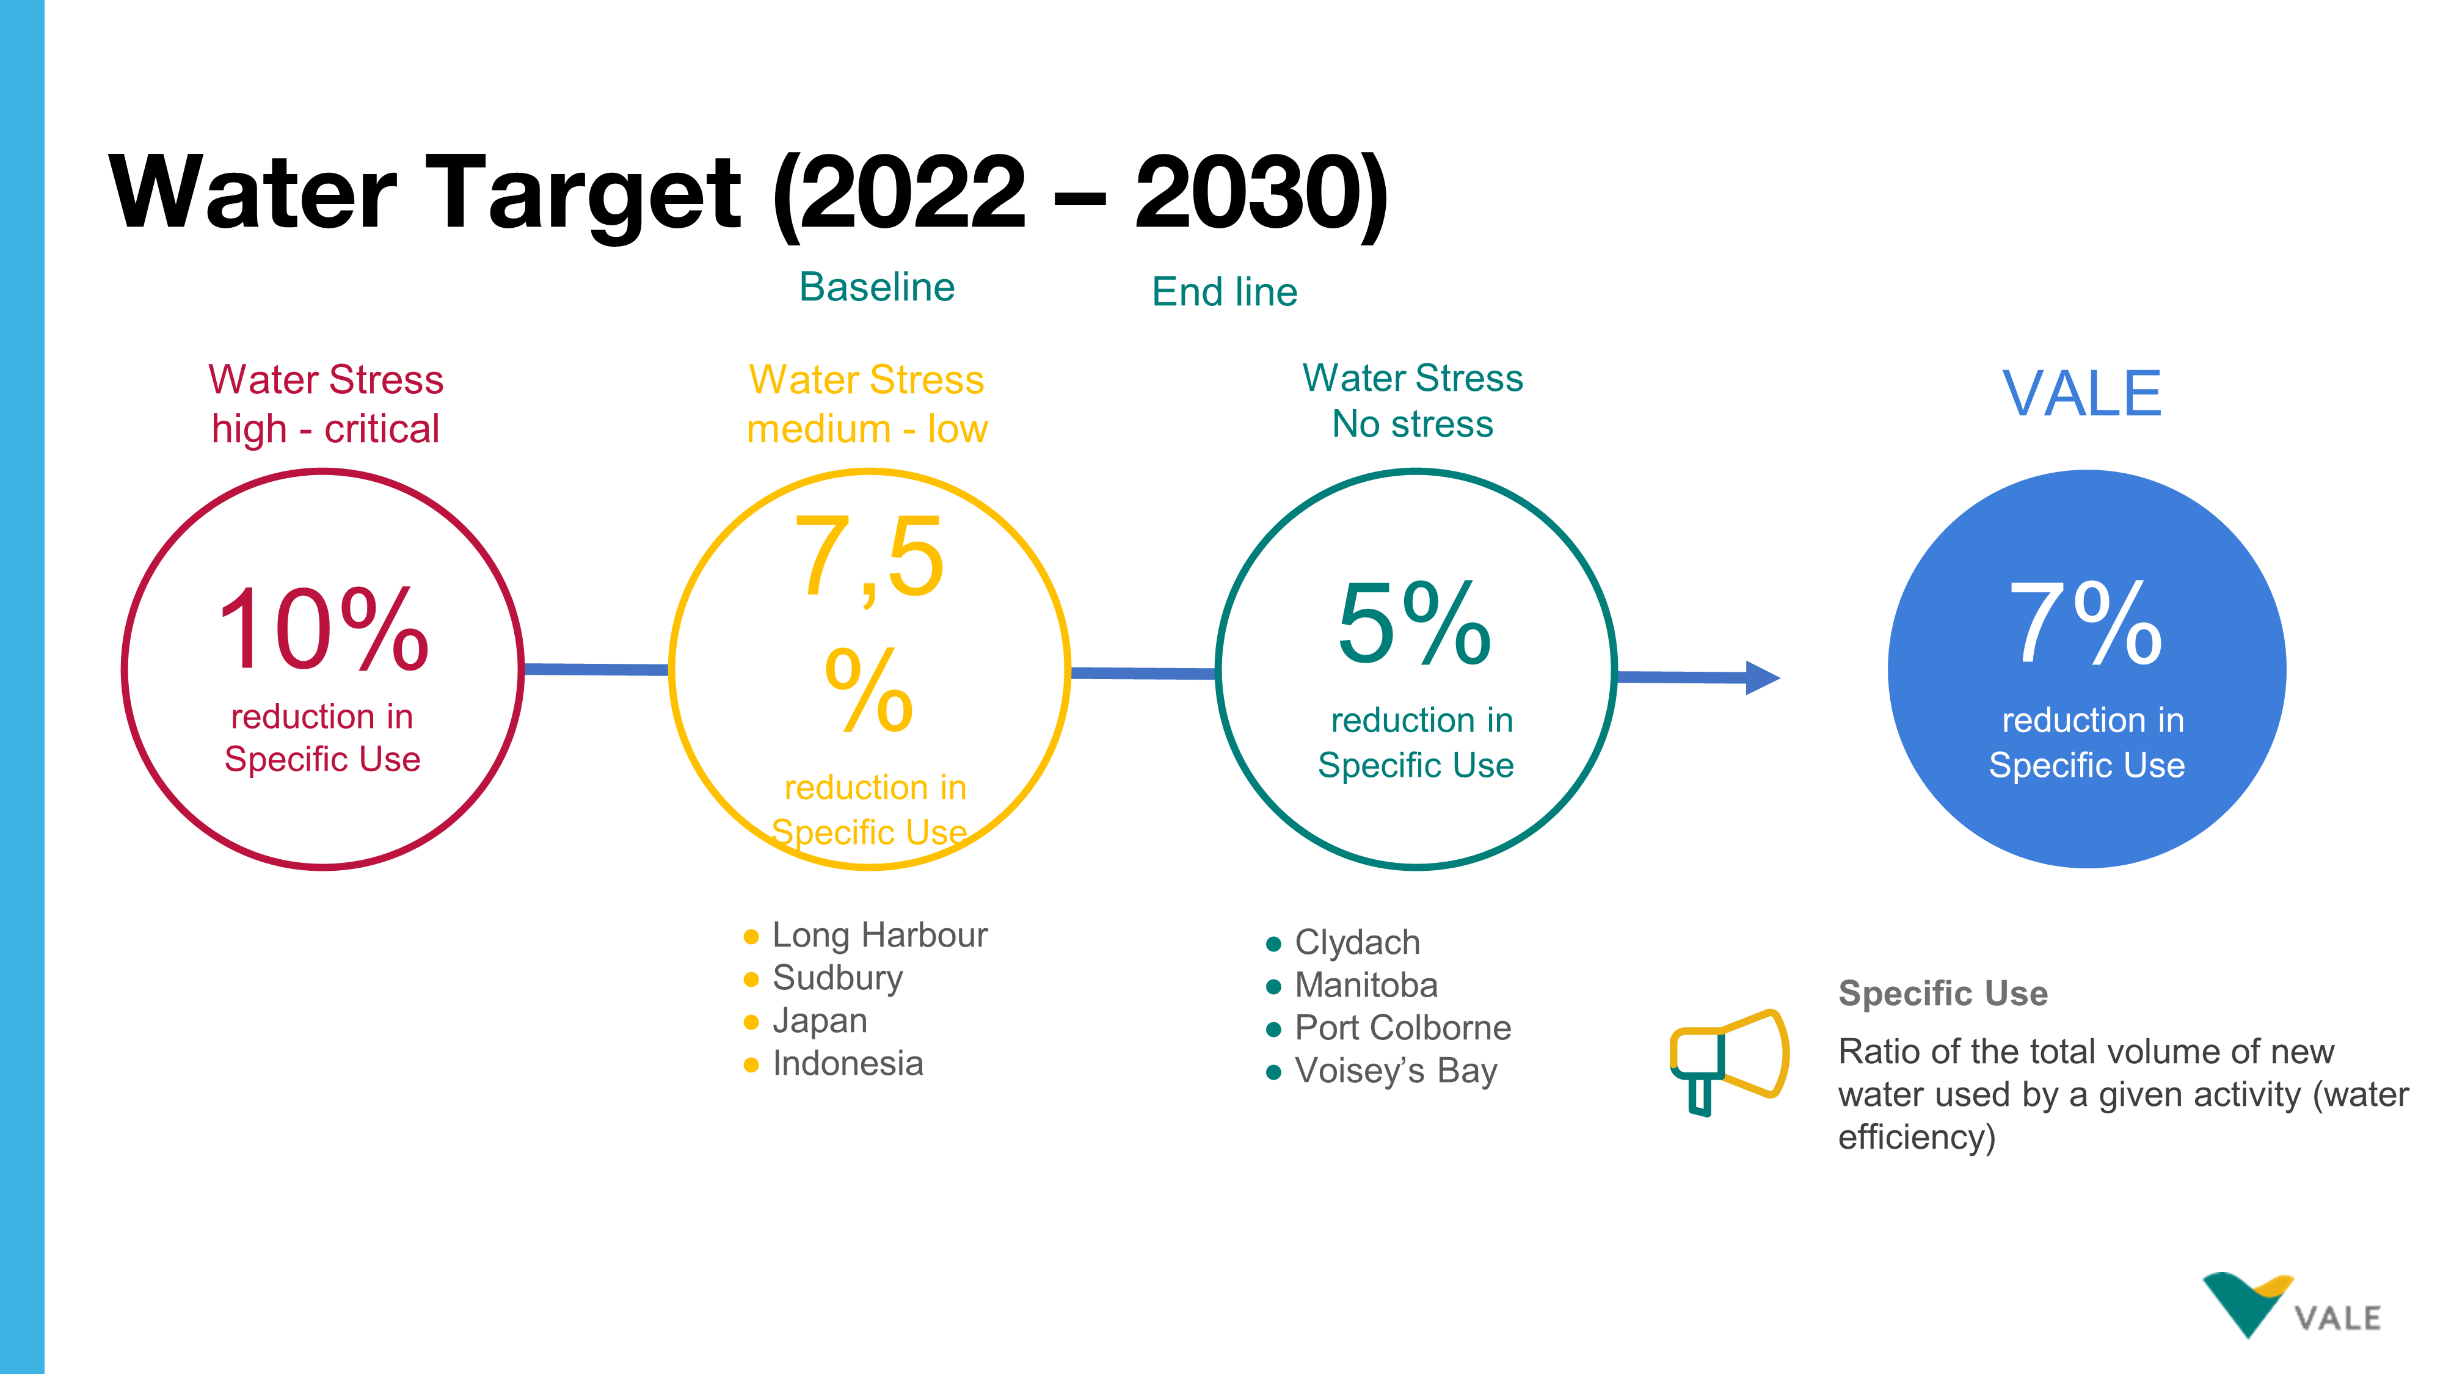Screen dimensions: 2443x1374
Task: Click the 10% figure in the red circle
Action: pyautogui.click(x=324, y=629)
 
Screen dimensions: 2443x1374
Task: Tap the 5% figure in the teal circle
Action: pyautogui.click(x=1414, y=623)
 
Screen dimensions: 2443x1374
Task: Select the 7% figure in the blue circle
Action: pyautogui.click(x=2086, y=623)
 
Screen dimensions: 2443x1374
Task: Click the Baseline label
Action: pyautogui.click(x=876, y=286)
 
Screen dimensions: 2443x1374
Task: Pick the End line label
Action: pyautogui.click(x=1225, y=291)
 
